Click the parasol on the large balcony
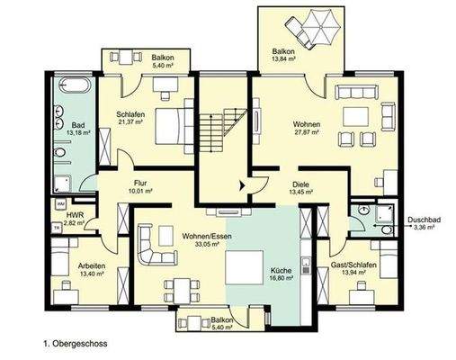click(312, 23)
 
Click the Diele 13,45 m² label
click(300, 186)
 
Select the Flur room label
click(140, 185)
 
